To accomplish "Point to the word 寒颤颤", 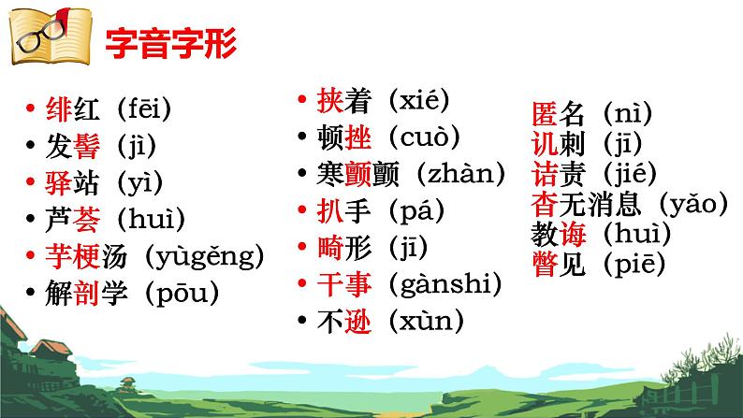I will tap(357, 174).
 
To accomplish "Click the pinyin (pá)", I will tap(407, 210).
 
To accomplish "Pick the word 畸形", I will tap(342, 247).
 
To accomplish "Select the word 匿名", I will tap(558, 115).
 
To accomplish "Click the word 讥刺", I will tap(558, 145).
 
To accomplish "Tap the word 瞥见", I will tap(558, 265).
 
